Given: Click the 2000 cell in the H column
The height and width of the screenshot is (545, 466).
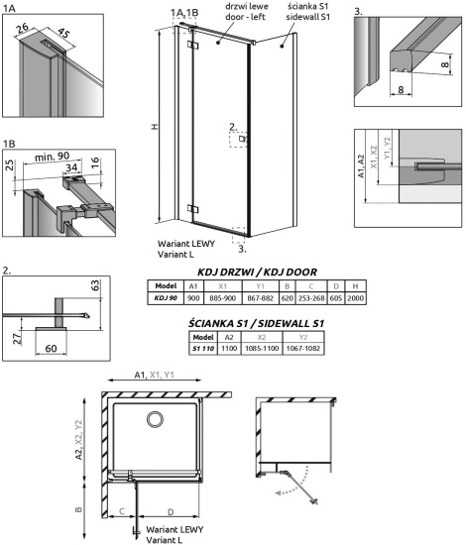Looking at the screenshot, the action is tap(355, 298).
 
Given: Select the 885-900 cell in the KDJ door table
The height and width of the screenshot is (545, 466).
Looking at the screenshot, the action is tap(222, 298).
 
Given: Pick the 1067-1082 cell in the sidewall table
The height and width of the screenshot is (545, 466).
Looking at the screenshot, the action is tap(303, 348).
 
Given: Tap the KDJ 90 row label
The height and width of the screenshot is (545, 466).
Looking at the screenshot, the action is tap(166, 298).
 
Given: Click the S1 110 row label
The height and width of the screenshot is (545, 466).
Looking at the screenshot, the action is tap(203, 348).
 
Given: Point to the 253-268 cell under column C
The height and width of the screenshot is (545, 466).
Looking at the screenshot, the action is tap(311, 298).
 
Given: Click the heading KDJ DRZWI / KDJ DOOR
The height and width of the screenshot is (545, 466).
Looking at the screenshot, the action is tap(257, 272).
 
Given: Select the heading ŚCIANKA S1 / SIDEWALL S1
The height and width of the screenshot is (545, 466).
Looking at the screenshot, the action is tap(256, 323).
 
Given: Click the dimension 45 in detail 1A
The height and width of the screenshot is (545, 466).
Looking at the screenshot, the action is tap(63, 33).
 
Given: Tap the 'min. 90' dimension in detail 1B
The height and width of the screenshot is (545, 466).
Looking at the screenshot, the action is tap(53, 157).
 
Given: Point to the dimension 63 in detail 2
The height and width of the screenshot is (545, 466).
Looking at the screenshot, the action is tap(95, 285).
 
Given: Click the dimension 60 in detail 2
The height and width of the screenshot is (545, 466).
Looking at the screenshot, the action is tap(51, 348).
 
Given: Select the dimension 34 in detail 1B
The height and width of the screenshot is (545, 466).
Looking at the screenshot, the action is tap(71, 167).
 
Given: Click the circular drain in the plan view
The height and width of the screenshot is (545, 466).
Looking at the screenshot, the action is tap(155, 419).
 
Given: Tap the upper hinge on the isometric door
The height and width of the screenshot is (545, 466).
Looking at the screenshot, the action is tap(192, 46).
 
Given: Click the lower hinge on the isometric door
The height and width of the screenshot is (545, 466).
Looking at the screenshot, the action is tap(192, 208).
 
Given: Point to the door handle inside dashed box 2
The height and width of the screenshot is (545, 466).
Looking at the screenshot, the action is tap(242, 139).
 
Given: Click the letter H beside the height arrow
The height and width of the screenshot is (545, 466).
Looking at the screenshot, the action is tap(155, 127).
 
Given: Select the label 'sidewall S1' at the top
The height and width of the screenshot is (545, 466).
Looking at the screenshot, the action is tap(308, 17).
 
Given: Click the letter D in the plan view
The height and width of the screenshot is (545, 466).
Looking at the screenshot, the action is tap(171, 511).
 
